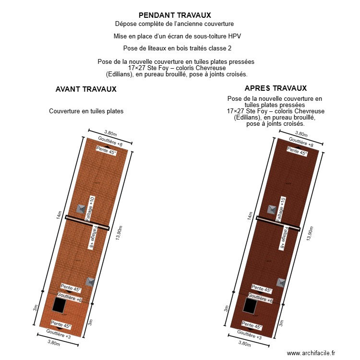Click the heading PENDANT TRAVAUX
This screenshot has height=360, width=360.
175,15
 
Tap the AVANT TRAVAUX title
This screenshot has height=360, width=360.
86,89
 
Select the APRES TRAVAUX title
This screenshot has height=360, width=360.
276,88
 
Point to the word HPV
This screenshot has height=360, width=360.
235,36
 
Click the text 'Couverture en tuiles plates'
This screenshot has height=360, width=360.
86,111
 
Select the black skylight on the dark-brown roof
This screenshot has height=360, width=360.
250,305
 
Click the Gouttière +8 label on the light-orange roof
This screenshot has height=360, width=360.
110,141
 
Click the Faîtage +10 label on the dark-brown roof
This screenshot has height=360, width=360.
282,209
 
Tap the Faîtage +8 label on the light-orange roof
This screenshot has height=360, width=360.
92,238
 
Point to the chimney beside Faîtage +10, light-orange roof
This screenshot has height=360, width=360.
81,209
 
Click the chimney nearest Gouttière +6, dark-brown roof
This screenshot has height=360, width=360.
280,282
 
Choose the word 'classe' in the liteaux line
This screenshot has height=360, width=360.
209,48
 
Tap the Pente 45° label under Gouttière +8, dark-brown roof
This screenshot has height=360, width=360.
297,151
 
